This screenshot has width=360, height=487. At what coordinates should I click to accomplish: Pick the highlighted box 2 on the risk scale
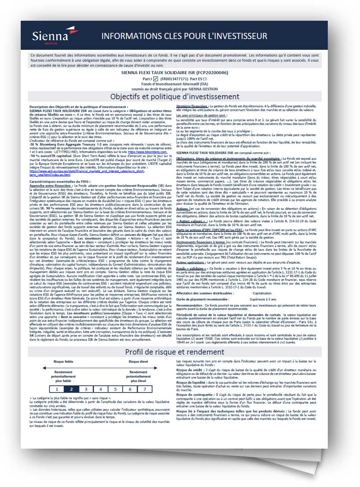click(x=71, y=389)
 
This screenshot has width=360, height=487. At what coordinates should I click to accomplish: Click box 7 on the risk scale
click(x=144, y=389)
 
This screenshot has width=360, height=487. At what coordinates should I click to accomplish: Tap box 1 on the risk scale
click(x=56, y=389)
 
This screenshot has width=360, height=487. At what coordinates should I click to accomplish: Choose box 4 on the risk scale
click(x=100, y=389)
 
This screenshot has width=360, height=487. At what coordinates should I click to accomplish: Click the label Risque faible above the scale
click(x=63, y=361)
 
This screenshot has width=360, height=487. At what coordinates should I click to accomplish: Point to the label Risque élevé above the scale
click(x=138, y=361)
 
